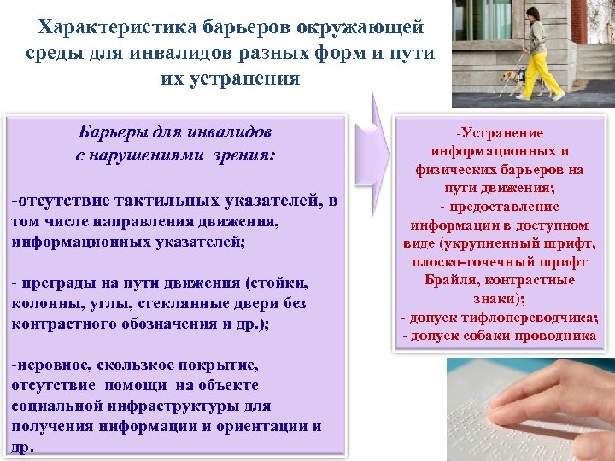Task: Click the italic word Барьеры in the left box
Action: tap(113, 132)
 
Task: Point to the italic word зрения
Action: tap(248, 156)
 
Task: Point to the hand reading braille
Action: tap(538, 401)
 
